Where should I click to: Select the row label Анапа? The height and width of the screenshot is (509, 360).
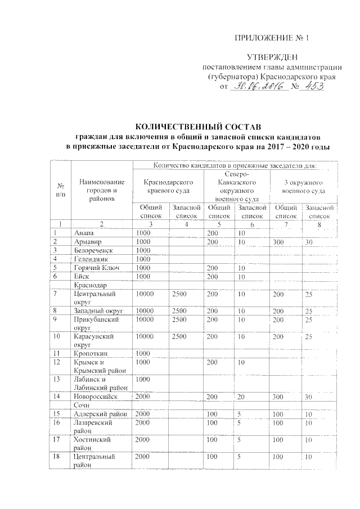tap(84, 232)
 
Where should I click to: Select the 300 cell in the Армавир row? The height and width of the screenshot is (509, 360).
tap(278, 241)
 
